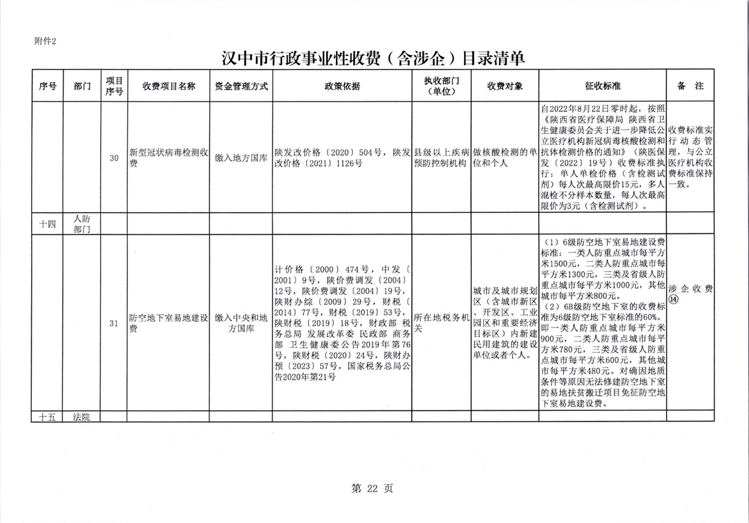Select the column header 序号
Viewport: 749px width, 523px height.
tap(47, 86)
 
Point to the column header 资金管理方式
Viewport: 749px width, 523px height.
tap(241, 86)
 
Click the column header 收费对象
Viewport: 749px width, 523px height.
tap(505, 86)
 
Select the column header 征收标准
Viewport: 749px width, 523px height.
tap(603, 86)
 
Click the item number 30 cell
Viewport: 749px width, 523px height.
tap(114, 158)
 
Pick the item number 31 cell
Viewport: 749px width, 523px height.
tap(114, 323)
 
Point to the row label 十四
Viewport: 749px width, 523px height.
tap(47, 224)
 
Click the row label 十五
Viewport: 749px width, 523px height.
tap(47, 416)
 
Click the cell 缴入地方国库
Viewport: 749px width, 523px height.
tap(241, 158)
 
